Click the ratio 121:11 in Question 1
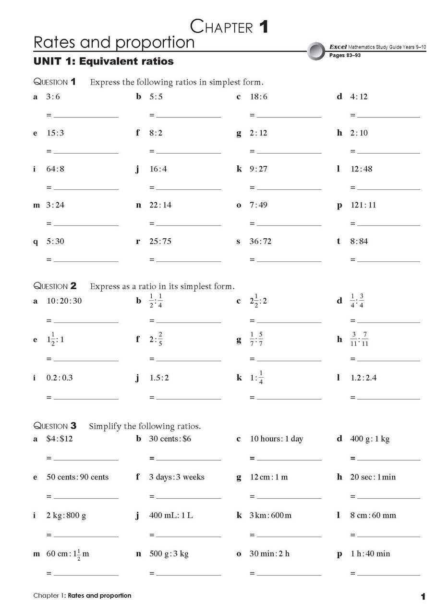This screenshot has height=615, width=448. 363,205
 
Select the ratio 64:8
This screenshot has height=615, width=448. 55,169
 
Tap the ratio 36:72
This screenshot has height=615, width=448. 260,241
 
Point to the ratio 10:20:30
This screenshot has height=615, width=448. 64,301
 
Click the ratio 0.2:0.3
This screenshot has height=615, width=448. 60,378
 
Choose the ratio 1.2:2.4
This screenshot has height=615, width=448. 363,378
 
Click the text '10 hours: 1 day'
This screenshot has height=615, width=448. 276,439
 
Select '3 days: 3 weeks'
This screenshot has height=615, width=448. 177,477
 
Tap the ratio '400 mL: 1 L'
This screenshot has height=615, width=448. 171,516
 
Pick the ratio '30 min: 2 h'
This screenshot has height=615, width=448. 269,554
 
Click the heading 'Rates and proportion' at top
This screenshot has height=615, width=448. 114,42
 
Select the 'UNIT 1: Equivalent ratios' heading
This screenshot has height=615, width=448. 103,61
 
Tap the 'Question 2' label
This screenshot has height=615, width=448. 55,286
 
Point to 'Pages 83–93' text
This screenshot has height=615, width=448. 345,56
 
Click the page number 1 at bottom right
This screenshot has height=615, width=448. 423,597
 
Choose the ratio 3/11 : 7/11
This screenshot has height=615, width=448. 359,340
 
